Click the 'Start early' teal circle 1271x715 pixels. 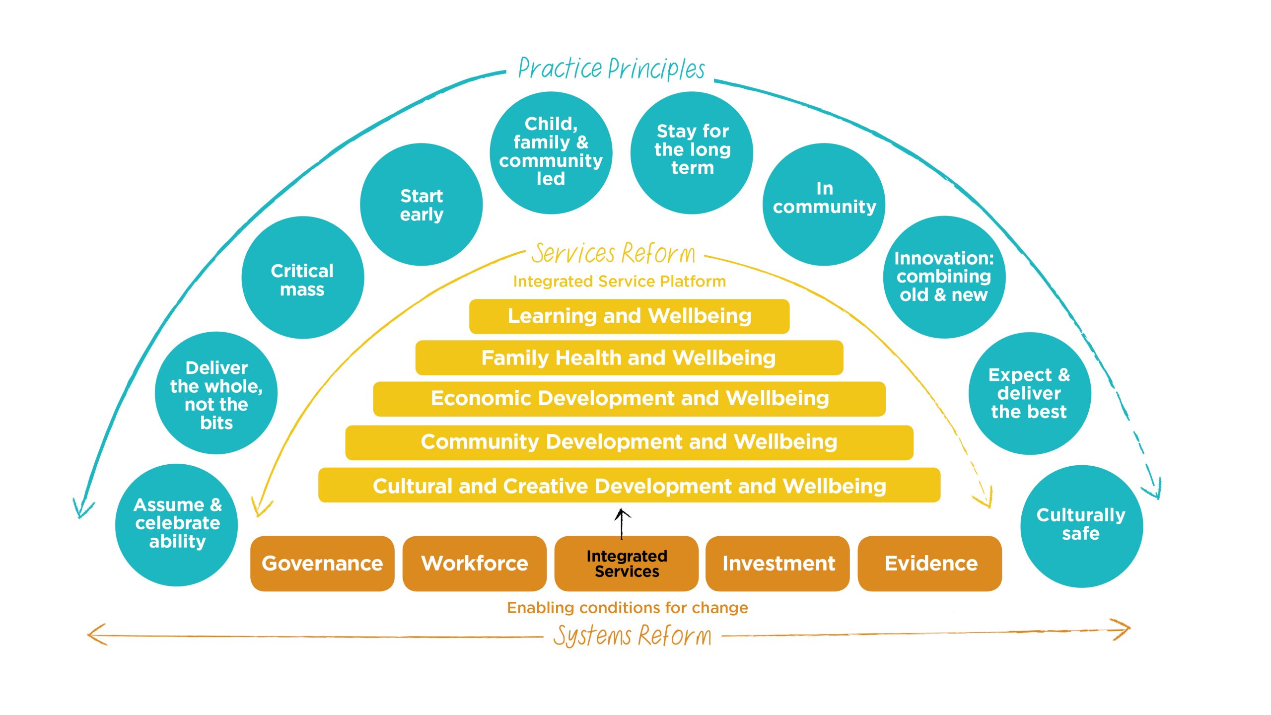point(421,205)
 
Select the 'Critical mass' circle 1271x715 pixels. point(303,278)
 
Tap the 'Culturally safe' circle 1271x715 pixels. point(1081,526)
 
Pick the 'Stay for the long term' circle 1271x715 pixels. point(692,153)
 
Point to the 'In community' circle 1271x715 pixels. point(824,205)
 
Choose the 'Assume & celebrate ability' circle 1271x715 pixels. point(177,525)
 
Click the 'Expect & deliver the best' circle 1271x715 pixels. point(1030,393)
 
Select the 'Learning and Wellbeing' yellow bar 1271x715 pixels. point(629,316)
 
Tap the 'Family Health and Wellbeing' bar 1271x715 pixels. point(629,357)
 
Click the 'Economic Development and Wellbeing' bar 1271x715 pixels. point(629,399)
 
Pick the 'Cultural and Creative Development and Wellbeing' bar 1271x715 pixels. point(629,485)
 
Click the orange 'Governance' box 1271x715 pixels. point(322,563)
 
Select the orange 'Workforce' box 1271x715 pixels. point(475,563)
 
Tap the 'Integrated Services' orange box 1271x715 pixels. point(627,563)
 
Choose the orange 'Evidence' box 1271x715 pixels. point(930,563)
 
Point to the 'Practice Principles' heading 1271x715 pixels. point(611,69)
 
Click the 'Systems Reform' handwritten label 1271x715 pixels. point(632,636)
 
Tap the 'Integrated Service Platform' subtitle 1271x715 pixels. point(620,282)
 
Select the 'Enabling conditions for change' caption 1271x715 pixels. point(628,608)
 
